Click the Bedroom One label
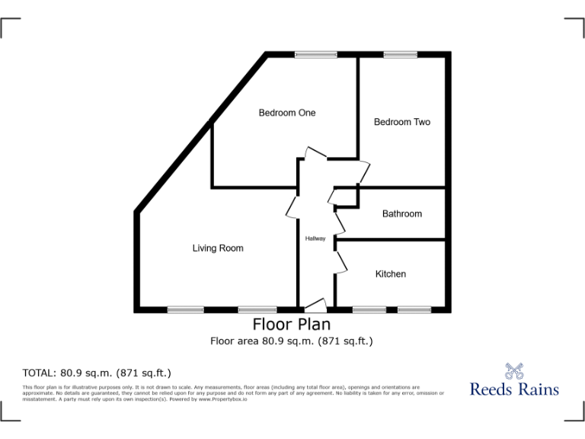click(x=286, y=113)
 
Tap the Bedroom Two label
click(x=401, y=122)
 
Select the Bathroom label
click(x=401, y=214)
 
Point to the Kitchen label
click(x=390, y=274)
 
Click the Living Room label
click(x=218, y=248)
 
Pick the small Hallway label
click(x=315, y=239)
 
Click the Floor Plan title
click(x=292, y=325)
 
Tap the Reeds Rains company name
click(x=514, y=389)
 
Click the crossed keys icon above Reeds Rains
click(x=515, y=371)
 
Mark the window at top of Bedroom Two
click(x=395, y=55)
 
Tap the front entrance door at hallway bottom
click(x=315, y=305)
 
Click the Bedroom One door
click(x=315, y=152)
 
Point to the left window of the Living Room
click(x=186, y=309)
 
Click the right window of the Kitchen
click(x=414, y=309)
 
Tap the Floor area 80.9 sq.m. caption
click(x=292, y=341)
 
